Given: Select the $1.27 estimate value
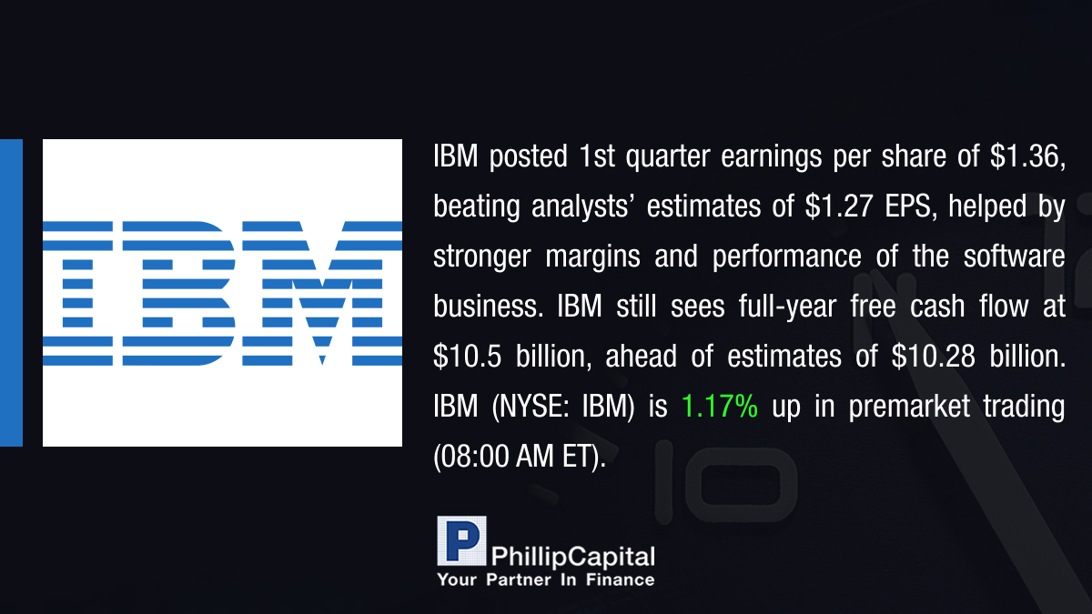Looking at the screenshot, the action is point(838,206).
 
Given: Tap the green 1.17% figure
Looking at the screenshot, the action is point(720,406).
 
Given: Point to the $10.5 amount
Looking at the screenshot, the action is point(467,356).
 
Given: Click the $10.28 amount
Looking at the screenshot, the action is point(933,356).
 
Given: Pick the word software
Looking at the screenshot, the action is point(1014,257).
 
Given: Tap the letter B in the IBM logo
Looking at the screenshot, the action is point(179,293).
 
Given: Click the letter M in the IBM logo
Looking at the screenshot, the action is point(322,293).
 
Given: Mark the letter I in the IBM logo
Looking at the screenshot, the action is point(78,293).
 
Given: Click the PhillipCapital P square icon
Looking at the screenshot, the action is point(461,541).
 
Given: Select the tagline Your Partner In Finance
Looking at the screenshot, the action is point(545,580).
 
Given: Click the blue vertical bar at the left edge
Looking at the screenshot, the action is point(11,293).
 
